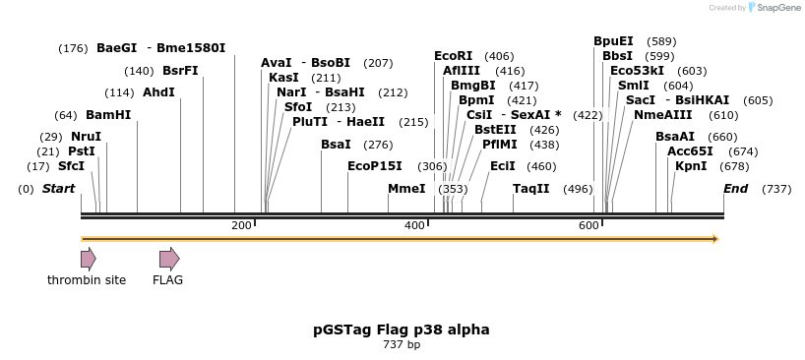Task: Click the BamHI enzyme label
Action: [x=108, y=115]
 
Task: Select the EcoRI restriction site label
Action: [x=454, y=56]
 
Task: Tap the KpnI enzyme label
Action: [x=691, y=166]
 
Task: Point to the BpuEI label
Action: [x=613, y=41]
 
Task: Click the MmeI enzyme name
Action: [x=406, y=189]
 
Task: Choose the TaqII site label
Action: [x=531, y=189]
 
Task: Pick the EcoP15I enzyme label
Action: [x=375, y=166]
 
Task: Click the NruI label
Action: [x=86, y=137]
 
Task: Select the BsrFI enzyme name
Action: [x=180, y=71]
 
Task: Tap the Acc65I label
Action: [x=690, y=151]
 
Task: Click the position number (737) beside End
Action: [x=776, y=189]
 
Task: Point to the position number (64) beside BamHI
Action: [x=66, y=115]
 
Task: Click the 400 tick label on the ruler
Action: [x=414, y=226]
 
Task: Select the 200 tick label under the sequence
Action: [x=241, y=226]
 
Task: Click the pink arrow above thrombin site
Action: [x=88, y=259]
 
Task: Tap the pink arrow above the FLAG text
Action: [x=169, y=259]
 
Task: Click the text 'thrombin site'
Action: [x=87, y=280]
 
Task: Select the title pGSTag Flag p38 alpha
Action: [x=401, y=330]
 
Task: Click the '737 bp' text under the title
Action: [x=401, y=345]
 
